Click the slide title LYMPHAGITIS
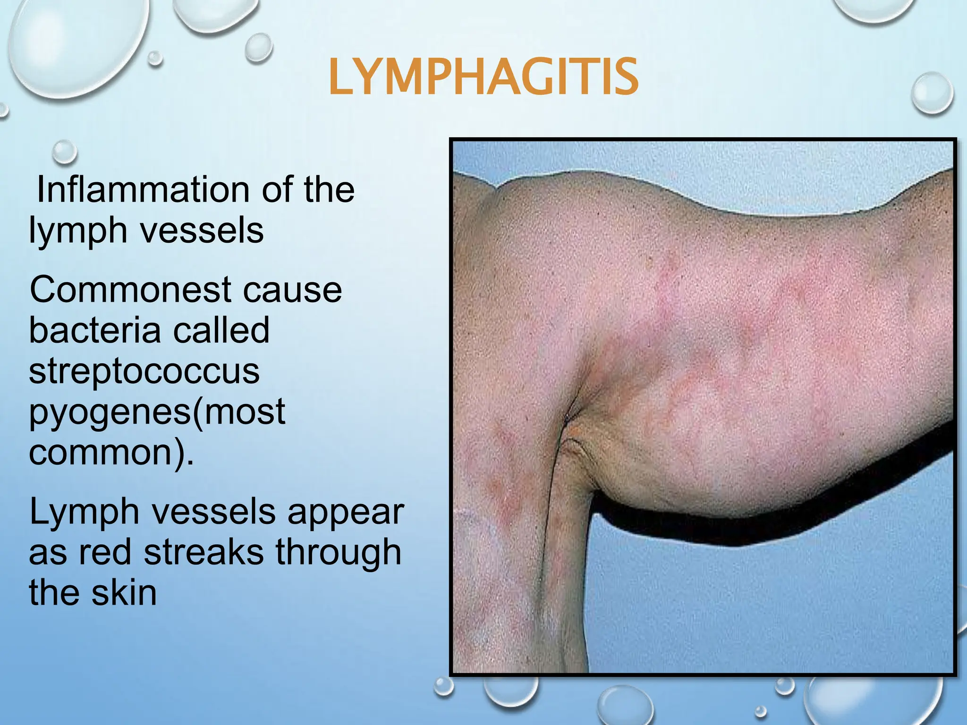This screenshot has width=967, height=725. [x=483, y=77]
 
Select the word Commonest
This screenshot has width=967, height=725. [x=129, y=289]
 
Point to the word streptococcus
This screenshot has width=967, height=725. [x=144, y=371]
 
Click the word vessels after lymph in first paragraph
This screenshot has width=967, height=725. [x=202, y=231]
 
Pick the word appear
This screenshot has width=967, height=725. [x=346, y=512]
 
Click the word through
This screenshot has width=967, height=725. [x=338, y=552]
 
